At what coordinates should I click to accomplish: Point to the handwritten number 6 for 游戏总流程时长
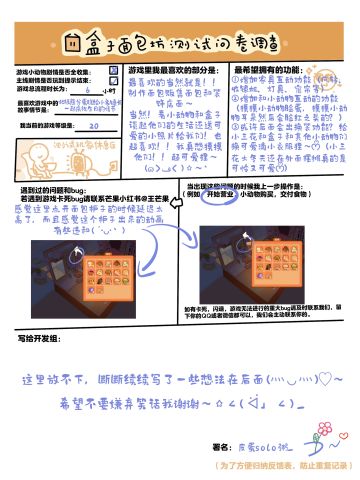click(x=88, y=89)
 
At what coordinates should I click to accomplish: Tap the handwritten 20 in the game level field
click(x=93, y=127)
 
